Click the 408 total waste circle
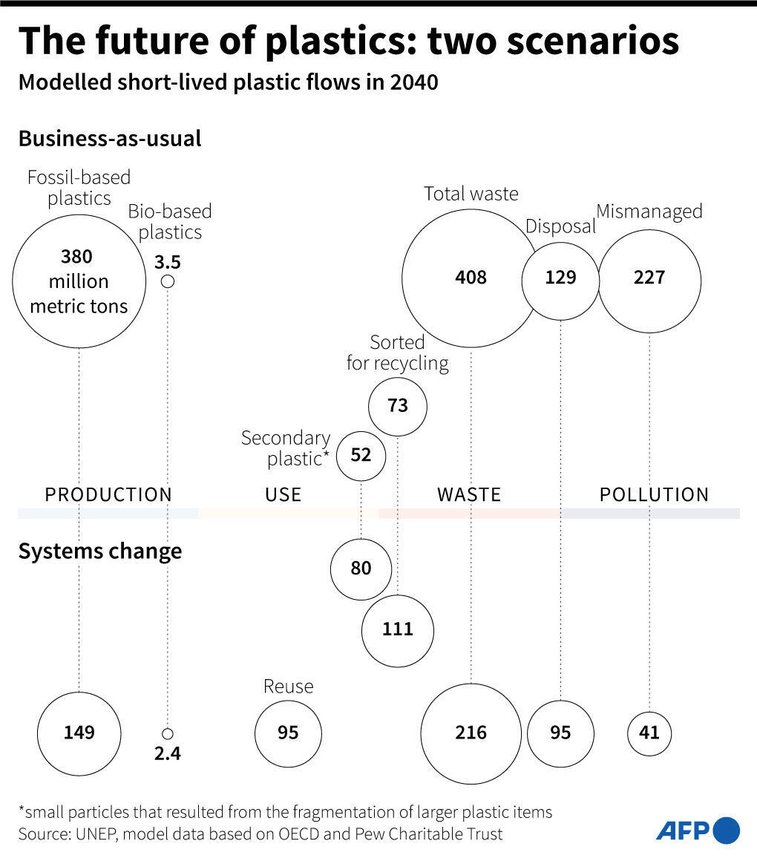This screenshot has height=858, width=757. tap(471, 278)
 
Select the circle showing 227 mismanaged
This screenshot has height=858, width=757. tap(649, 278)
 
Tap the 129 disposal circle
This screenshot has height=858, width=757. tap(560, 278)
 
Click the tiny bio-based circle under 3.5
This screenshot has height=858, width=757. tap(168, 281)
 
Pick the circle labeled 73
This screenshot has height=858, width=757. tap(398, 406)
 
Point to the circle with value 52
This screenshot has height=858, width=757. tap(361, 454)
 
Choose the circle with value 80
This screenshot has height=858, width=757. tap(361, 569)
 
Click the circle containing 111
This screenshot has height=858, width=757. tap(398, 629)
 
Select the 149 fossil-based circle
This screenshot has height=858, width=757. tap(79, 733)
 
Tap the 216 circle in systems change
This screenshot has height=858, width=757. tap(471, 733)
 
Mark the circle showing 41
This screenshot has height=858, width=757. tap(649, 733)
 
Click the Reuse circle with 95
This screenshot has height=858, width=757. tap(288, 733)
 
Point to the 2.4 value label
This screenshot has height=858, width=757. tap(168, 754)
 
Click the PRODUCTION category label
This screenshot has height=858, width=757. tap(108, 494)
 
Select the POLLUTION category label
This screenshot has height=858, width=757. tap(654, 494)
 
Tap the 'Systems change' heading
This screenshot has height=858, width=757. tap(99, 551)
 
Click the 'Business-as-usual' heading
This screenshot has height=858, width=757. tap(109, 139)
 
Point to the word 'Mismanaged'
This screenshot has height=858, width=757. tap(649, 212)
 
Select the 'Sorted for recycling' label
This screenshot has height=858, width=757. tap(398, 353)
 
